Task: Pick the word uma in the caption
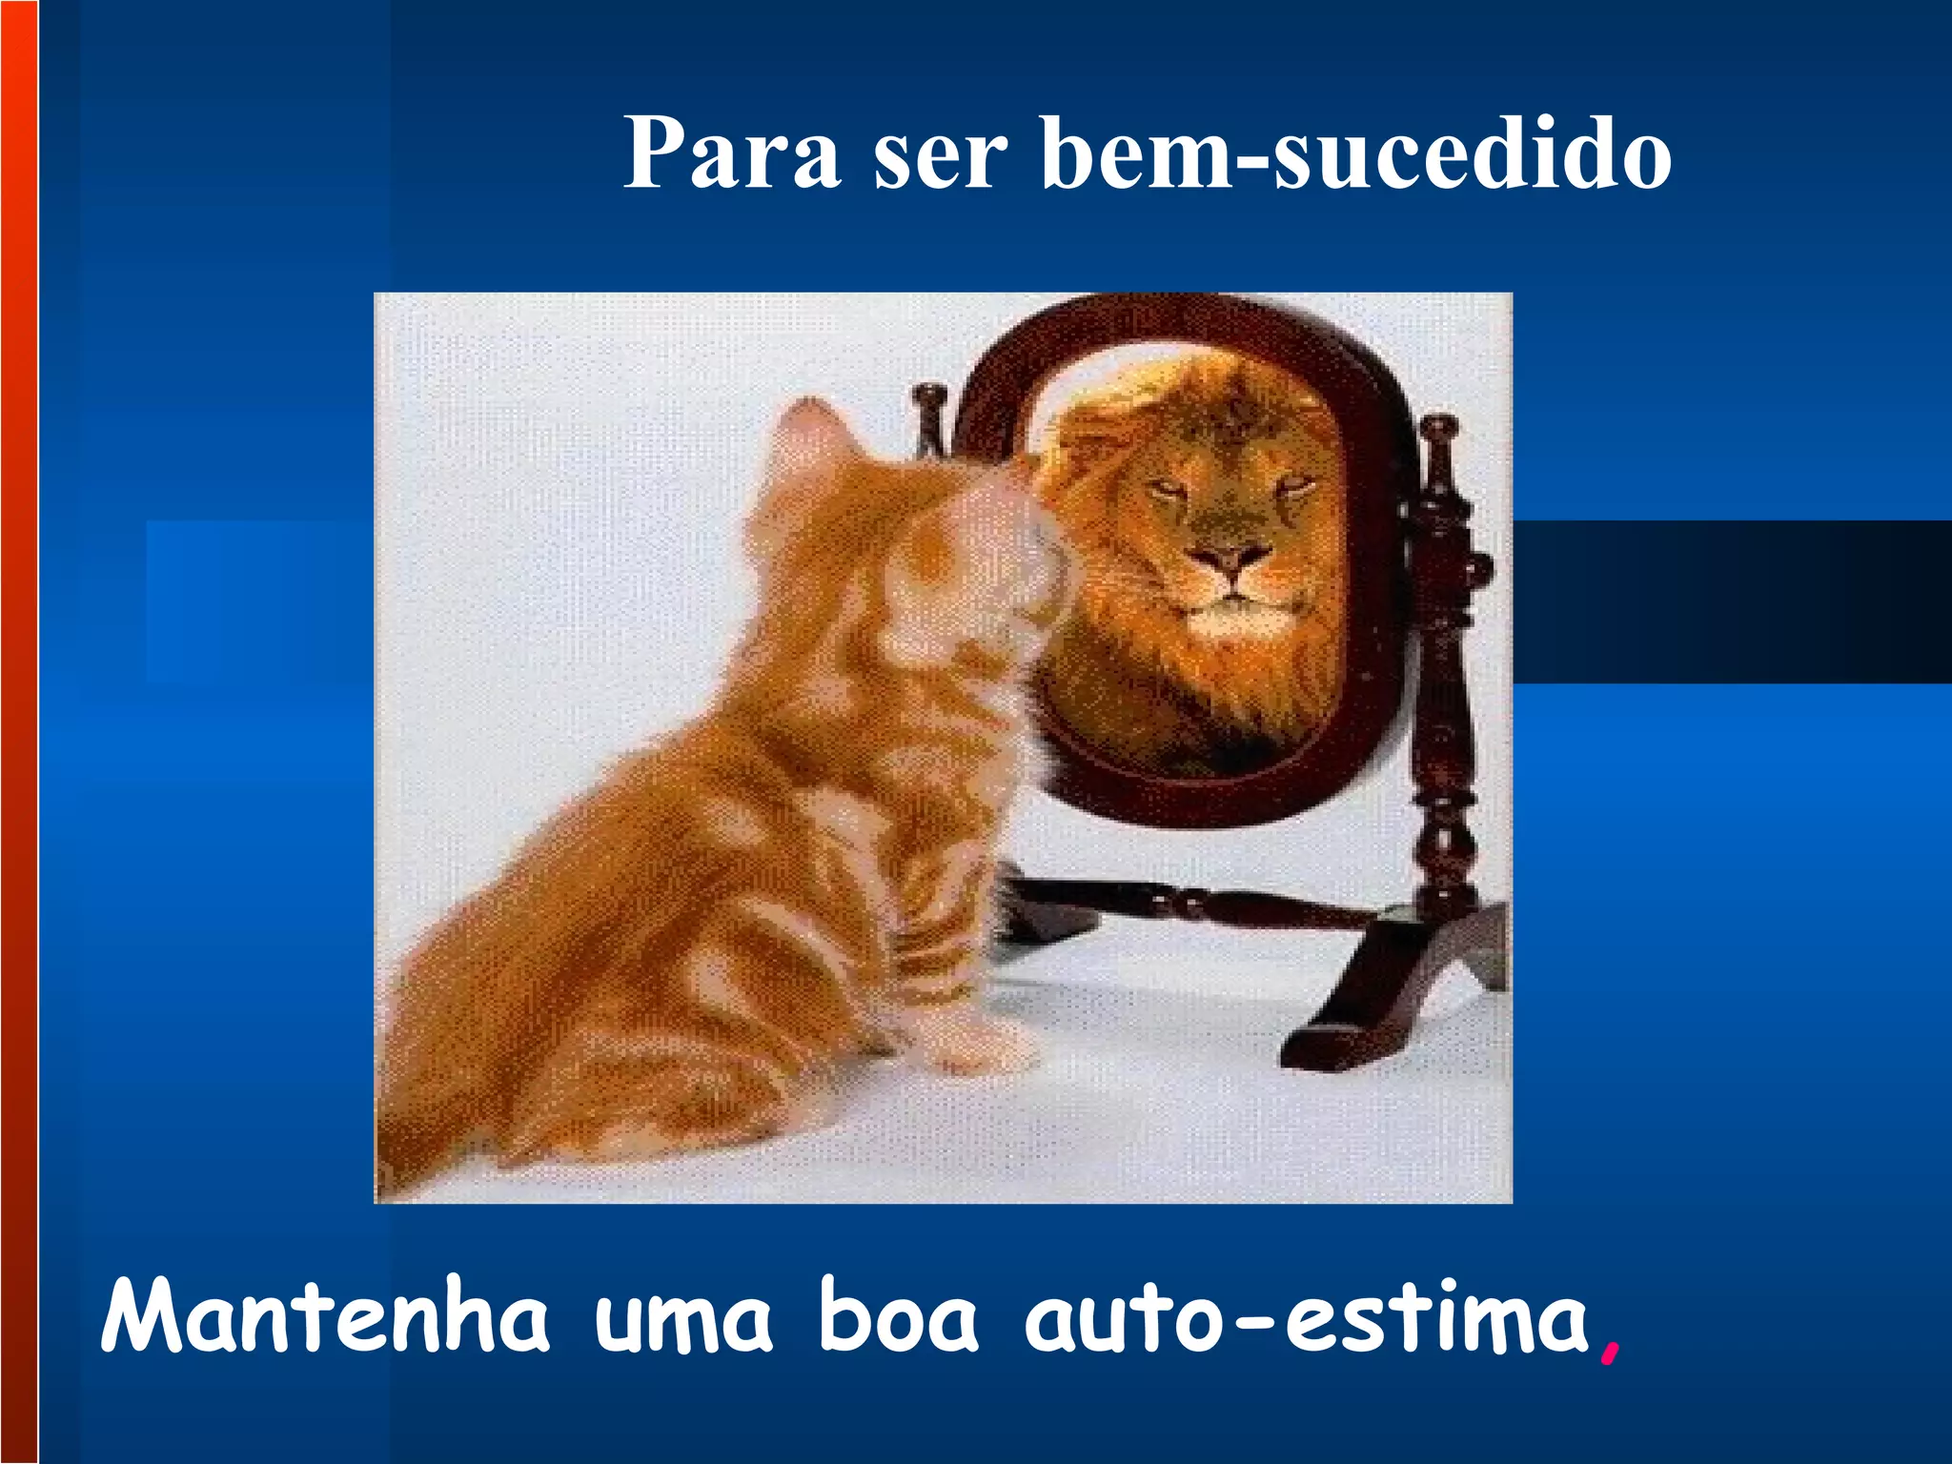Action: (x=683, y=1321)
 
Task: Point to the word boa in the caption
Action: (x=898, y=1317)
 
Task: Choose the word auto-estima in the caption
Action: (x=1307, y=1317)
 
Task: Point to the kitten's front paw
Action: (x=982, y=1048)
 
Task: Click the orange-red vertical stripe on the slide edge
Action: (x=18, y=732)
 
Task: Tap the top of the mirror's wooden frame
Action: (x=1182, y=315)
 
